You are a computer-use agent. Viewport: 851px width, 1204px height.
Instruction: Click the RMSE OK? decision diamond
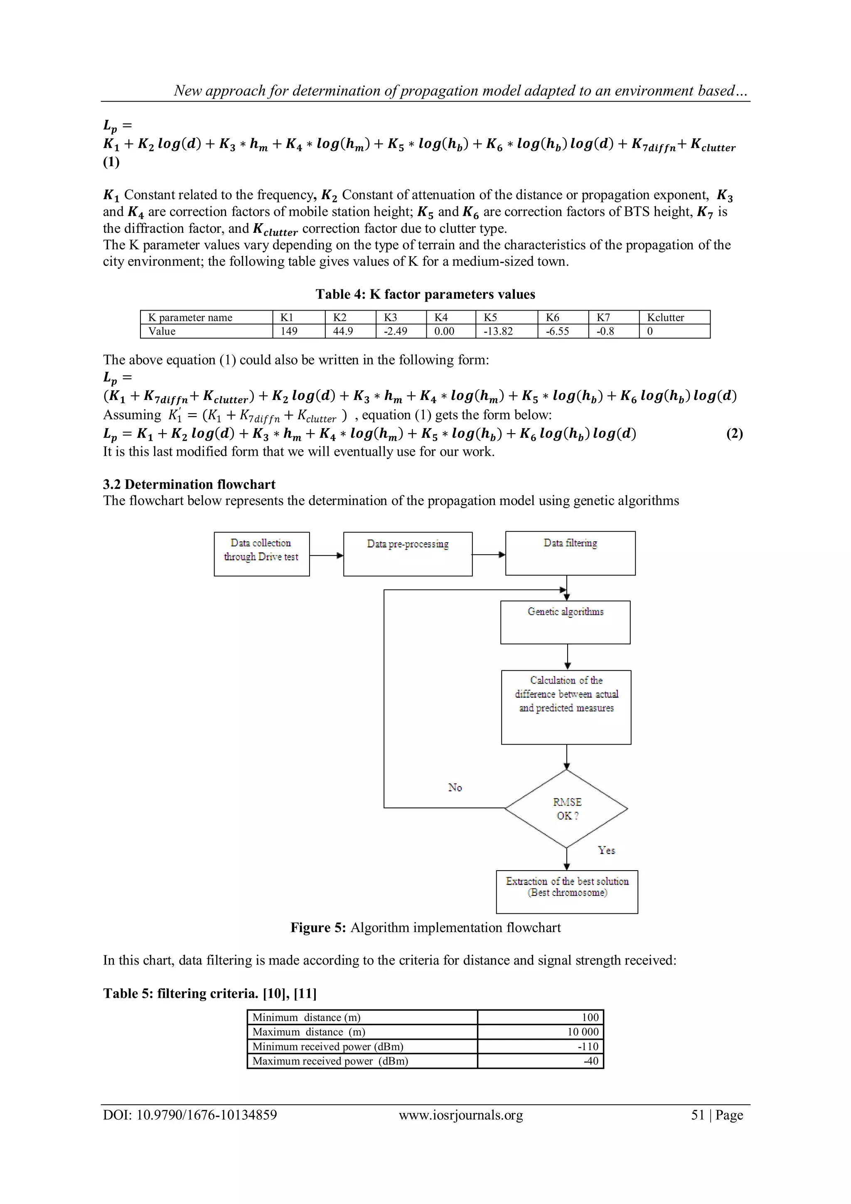point(566,809)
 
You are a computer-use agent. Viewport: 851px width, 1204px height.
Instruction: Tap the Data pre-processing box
point(408,554)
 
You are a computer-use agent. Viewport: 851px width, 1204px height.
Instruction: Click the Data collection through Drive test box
point(261,554)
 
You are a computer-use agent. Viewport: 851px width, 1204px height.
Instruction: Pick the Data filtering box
point(570,553)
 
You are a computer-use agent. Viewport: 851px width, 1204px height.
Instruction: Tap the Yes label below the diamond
point(606,850)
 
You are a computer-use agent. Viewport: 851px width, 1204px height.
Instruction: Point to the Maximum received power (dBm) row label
point(330,1061)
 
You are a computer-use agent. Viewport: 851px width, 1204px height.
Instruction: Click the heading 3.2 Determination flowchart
point(189,484)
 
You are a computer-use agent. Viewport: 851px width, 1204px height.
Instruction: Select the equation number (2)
point(734,434)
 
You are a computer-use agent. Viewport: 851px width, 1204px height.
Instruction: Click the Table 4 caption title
point(425,294)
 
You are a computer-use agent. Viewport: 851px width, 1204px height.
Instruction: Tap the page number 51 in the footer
point(698,1115)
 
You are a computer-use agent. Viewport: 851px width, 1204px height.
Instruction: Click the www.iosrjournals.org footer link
point(460,1115)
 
